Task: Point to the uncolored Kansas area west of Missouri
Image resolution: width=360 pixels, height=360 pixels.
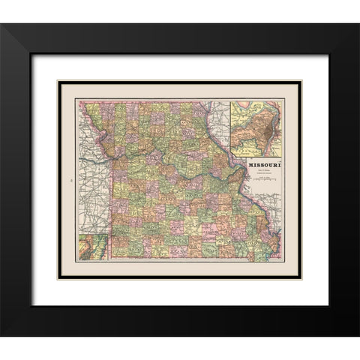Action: coord(94,187)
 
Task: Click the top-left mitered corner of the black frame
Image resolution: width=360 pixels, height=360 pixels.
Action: coord(2,25)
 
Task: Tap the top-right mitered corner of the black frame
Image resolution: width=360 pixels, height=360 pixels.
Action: coord(358,25)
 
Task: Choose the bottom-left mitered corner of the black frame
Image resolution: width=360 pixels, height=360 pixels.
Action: coord(2,335)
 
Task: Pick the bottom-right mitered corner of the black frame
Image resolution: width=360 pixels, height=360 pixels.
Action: coord(358,335)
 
